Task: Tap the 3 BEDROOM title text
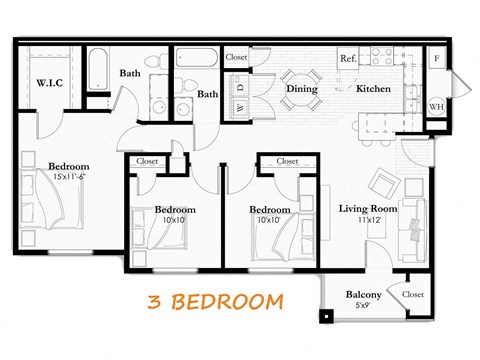[214, 300]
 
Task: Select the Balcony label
[363, 295]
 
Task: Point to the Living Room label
[369, 208]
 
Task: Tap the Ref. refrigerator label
[349, 59]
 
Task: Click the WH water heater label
[436, 107]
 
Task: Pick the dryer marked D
[241, 105]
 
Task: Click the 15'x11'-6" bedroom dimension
[69, 178]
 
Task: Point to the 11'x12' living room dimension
[369, 221]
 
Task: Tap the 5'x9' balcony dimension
[364, 307]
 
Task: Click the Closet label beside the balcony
[413, 295]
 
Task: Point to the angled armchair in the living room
[385, 185]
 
